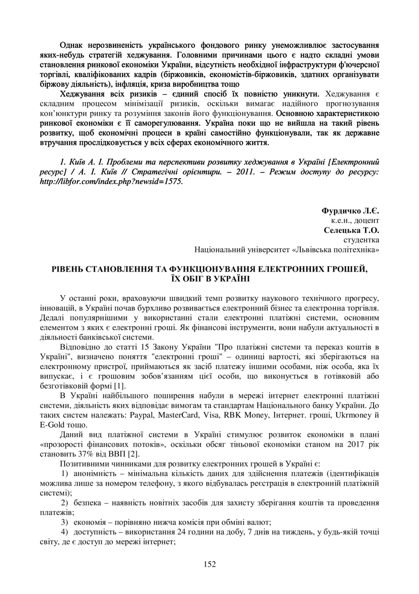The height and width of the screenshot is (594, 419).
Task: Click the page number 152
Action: tap(209, 564)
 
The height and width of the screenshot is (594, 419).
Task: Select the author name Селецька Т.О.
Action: tap(352, 230)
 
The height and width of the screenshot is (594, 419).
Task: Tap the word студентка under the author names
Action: tap(362, 240)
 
